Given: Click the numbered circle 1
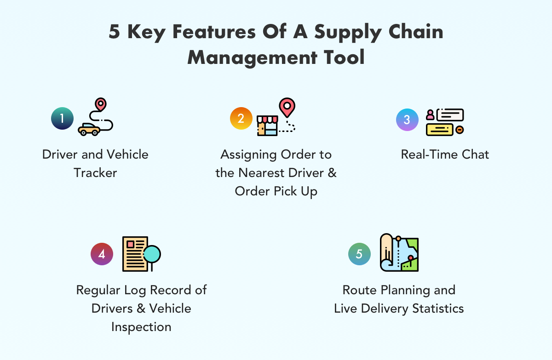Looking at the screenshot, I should click(62, 119).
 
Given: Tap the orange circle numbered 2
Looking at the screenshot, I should click(241, 119).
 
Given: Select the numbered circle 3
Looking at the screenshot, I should click(407, 120).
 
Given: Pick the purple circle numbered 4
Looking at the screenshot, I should click(102, 254).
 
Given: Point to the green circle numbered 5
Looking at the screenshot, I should click(359, 254).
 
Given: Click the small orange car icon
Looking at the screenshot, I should click(89, 129).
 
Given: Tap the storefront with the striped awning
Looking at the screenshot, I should click(267, 125).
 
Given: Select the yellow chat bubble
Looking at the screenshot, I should click(440, 130).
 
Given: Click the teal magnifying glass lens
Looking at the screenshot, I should click(152, 253).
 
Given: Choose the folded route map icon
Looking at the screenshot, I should click(399, 253).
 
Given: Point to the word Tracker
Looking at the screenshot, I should click(95, 172).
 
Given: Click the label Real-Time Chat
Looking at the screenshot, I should click(445, 154).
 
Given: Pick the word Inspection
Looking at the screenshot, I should click(141, 326).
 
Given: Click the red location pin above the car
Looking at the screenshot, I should click(100, 104).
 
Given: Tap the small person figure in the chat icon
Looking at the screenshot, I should click(430, 114).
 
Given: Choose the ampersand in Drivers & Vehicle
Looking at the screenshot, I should click(140, 308).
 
